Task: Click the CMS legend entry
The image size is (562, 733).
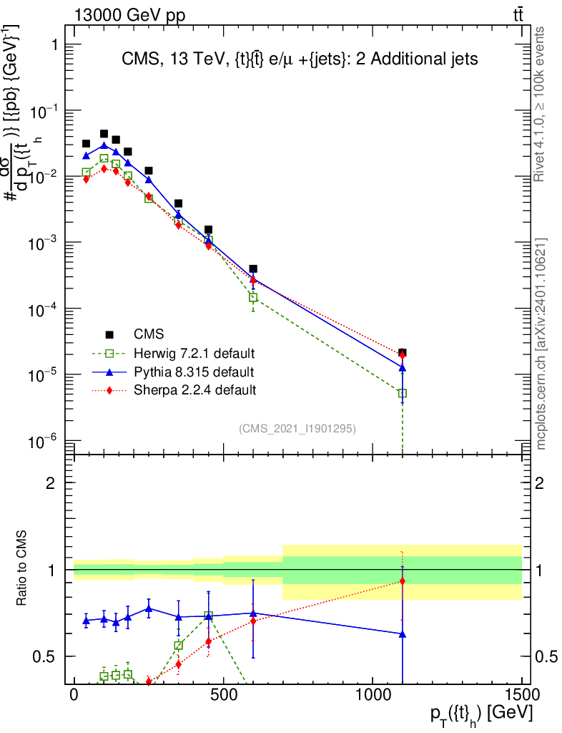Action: coord(149,334)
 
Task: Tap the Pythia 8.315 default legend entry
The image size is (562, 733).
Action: coord(193,372)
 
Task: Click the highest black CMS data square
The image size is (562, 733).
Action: coord(104,134)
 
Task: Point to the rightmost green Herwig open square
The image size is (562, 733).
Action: coord(403,393)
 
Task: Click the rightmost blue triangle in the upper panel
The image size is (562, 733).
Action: coord(403,368)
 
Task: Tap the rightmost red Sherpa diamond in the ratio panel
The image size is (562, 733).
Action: coord(403,581)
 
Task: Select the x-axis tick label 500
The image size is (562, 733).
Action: coord(224,694)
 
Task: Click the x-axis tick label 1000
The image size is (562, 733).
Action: coord(373,694)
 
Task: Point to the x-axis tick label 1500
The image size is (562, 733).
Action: coord(523,694)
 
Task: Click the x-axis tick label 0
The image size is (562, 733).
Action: coord(74,694)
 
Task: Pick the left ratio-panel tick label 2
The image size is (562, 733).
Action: coord(51,483)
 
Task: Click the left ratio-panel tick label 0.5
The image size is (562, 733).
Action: coord(44,656)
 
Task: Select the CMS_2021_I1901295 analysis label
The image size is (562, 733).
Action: coord(297,429)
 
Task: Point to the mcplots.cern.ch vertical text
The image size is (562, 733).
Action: coord(541,344)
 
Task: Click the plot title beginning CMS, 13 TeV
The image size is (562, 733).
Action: coord(300,61)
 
